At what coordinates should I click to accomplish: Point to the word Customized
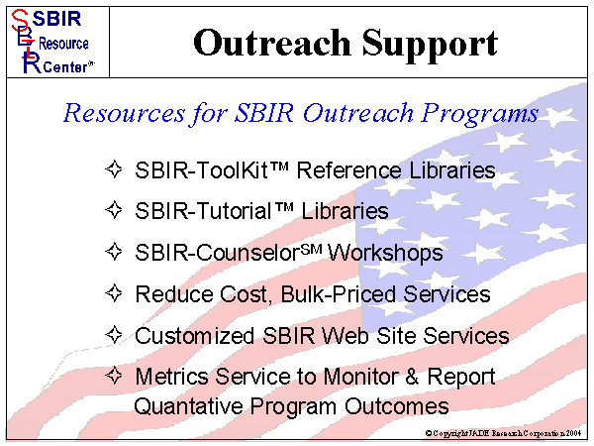click(x=193, y=336)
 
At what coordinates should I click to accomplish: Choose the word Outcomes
click(x=396, y=406)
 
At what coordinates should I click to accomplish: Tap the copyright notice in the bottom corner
click(x=505, y=434)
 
